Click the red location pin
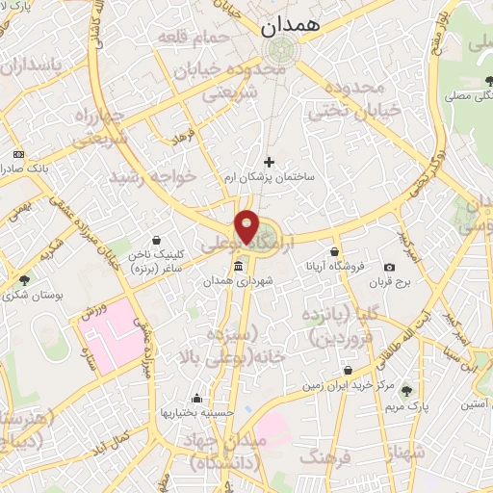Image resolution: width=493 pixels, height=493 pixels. [248, 227]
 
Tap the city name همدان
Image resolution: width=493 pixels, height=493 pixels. [295, 28]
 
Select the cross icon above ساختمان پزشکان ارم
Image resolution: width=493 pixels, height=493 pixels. [269, 161]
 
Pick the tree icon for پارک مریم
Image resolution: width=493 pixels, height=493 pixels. [407, 390]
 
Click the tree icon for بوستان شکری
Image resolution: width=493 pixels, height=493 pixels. [23, 280]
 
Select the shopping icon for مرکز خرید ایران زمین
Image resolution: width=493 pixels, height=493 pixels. [347, 370]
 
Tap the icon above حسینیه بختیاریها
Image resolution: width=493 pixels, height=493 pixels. [197, 398]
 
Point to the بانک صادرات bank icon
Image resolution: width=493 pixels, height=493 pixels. [18, 153]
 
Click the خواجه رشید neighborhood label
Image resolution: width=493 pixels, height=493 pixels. [152, 177]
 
